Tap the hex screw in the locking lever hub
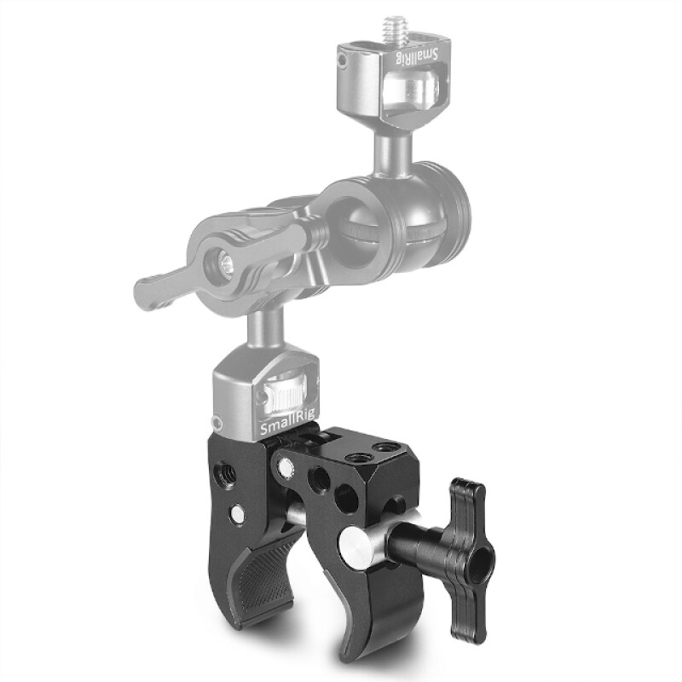[226, 267]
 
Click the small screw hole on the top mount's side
[342, 61]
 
